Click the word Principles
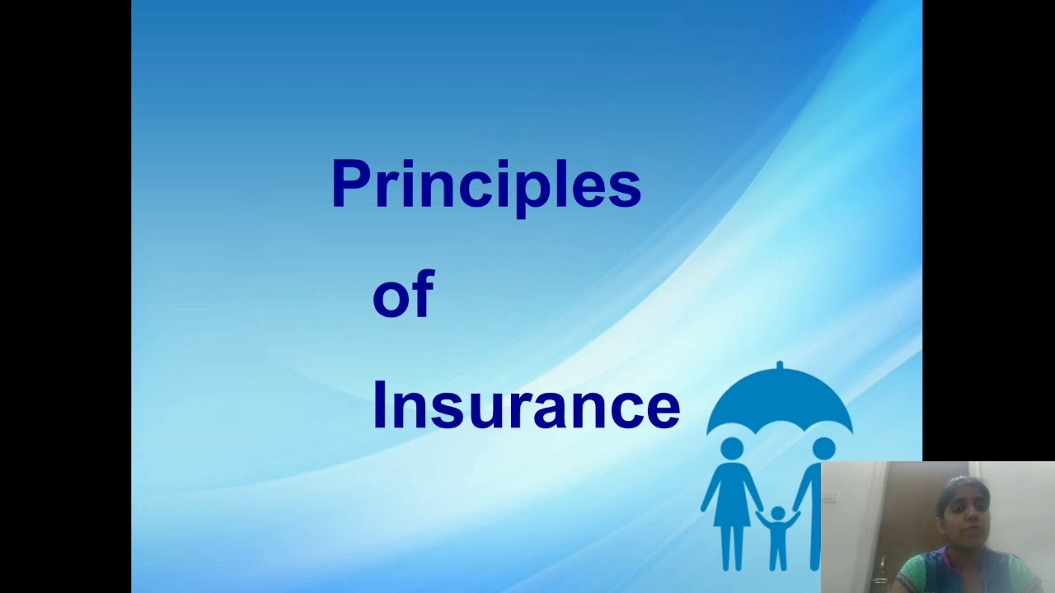click(x=485, y=184)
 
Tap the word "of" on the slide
click(x=403, y=295)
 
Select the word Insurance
click(x=526, y=405)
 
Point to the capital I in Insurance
click(x=379, y=404)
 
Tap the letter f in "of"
click(x=423, y=293)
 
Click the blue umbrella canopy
click(x=779, y=399)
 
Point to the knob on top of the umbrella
click(x=779, y=364)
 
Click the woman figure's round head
click(x=732, y=449)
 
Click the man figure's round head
click(x=823, y=449)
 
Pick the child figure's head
click(x=777, y=514)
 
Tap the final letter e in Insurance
click(x=664, y=409)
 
